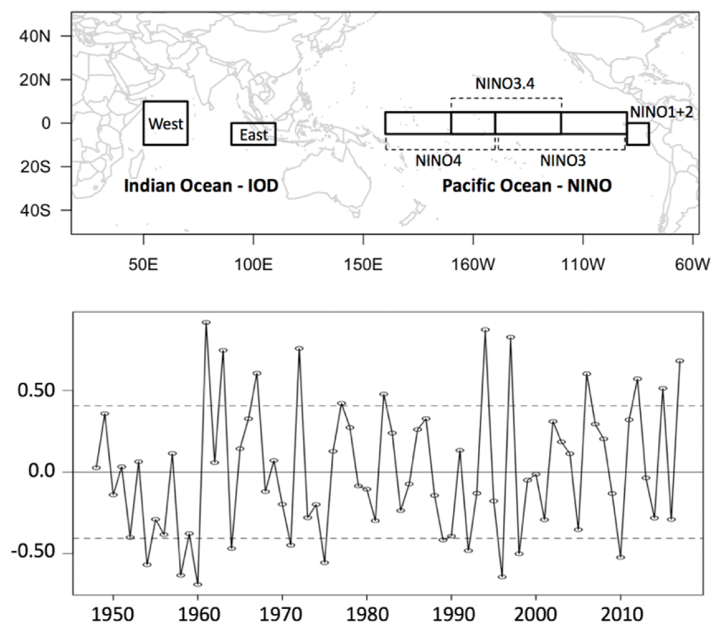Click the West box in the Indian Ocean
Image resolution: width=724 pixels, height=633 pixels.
[x=165, y=123]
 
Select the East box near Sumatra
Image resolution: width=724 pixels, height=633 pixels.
[x=253, y=134]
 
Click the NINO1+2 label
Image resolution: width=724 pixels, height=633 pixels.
[x=661, y=112]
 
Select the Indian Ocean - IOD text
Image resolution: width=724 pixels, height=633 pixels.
[x=201, y=186]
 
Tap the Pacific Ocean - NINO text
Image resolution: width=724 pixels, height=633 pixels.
[x=527, y=186]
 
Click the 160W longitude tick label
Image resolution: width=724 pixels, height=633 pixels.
[x=473, y=265]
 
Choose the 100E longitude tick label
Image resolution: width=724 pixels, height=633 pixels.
[x=253, y=265]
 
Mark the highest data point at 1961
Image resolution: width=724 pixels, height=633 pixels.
[x=206, y=322]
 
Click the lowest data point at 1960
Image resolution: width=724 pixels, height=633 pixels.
[x=198, y=585]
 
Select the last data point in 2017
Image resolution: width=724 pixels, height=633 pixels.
[x=680, y=361]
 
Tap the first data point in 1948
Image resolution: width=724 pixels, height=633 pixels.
[x=96, y=468]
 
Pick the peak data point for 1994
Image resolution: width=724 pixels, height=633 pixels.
[x=485, y=330]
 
